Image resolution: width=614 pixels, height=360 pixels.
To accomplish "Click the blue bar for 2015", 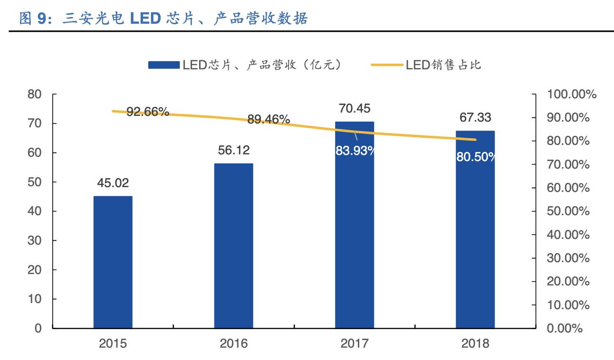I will (x=113, y=262).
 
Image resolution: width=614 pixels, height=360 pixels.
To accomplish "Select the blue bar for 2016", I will (x=233, y=246).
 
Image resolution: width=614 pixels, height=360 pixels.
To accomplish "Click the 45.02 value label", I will (x=113, y=183).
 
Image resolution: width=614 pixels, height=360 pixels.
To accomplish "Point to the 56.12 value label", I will (x=234, y=151).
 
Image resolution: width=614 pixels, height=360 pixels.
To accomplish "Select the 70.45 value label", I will (x=355, y=109).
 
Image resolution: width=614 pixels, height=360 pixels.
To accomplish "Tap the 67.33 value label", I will (x=475, y=117).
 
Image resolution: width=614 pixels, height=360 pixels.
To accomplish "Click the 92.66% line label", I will (x=148, y=112).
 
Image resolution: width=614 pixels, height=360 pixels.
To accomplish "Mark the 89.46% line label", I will (x=269, y=119).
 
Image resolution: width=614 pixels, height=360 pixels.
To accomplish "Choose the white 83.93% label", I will (x=355, y=151).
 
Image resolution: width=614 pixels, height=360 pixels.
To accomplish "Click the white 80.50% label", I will (x=476, y=157).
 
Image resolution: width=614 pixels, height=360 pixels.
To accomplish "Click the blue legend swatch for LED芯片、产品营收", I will (x=163, y=65).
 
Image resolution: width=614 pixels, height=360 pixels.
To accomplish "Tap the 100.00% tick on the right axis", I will (x=572, y=95).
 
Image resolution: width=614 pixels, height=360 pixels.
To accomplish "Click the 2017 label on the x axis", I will (x=355, y=343).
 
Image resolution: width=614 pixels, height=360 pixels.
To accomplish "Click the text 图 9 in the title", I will (x=32, y=19).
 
